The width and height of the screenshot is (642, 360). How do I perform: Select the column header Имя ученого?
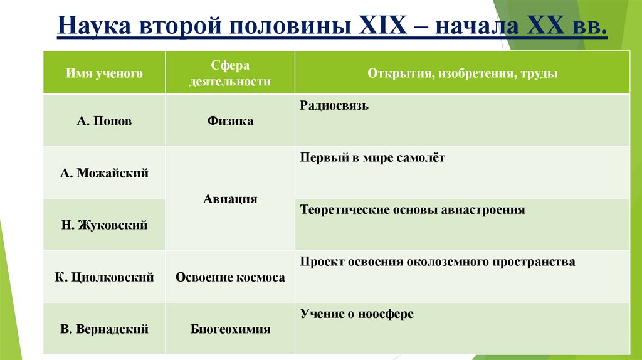[105, 73]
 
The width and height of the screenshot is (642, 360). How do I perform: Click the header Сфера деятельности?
[230, 73]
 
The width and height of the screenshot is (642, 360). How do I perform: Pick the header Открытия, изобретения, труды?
[462, 73]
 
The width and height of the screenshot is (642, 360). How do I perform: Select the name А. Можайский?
[105, 173]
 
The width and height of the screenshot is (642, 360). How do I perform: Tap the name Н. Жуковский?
[105, 225]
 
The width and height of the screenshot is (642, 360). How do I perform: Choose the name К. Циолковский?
[105, 277]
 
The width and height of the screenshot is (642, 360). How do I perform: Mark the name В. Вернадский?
[105, 329]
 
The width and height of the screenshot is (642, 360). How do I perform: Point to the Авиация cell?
[230, 199]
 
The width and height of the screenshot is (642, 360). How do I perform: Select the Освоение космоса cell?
[230, 277]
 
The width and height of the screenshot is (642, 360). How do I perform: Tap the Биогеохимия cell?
[230, 329]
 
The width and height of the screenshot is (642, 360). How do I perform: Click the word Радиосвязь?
[334, 106]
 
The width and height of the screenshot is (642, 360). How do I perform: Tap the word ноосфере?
[385, 314]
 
